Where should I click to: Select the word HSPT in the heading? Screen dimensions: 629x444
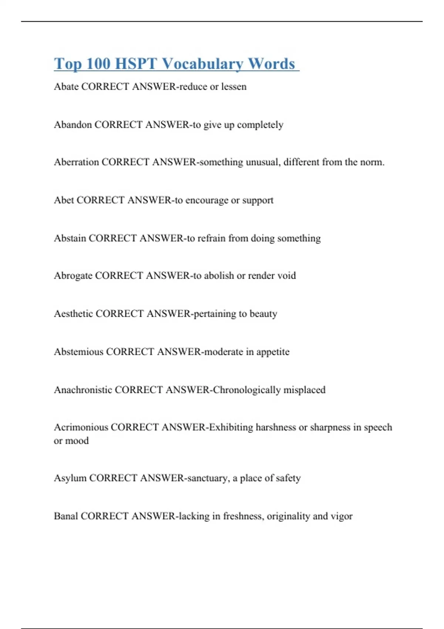click(x=136, y=64)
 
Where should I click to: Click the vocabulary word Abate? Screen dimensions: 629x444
click(x=66, y=87)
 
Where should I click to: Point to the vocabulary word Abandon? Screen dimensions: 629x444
click(x=73, y=125)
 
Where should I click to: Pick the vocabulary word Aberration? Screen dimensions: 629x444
click(x=76, y=162)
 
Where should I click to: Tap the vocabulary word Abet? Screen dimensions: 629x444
click(x=64, y=200)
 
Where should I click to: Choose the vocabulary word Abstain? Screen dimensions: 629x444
click(x=70, y=238)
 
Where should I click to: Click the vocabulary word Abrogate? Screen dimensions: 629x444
click(x=73, y=276)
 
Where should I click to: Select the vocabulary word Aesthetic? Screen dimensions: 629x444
click(x=73, y=314)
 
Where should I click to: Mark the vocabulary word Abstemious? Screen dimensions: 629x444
click(x=78, y=351)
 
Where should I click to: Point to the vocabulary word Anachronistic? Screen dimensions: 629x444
click(x=83, y=390)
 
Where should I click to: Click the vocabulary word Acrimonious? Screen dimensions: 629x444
click(x=81, y=427)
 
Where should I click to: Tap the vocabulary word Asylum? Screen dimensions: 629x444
click(x=70, y=478)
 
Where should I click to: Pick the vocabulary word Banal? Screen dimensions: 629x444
click(x=66, y=516)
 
